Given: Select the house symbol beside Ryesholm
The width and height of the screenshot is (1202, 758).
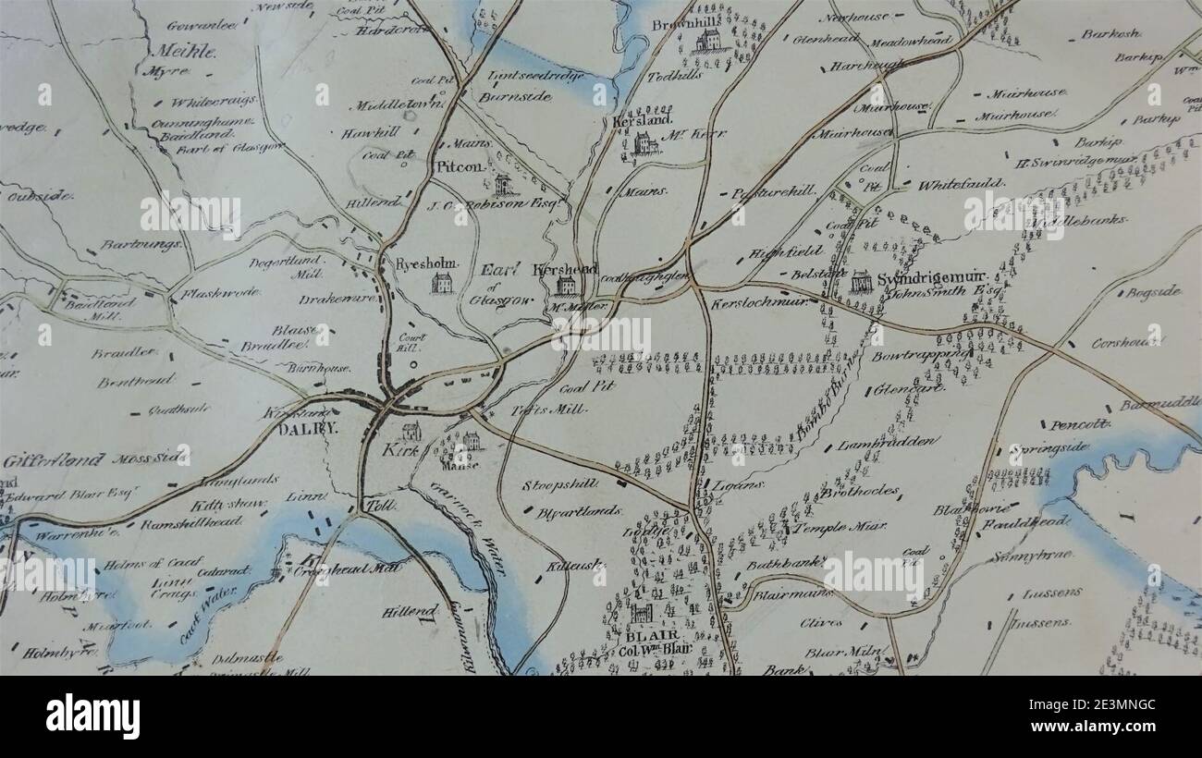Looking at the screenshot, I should (442, 283).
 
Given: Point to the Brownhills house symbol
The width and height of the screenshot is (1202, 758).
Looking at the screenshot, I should (708, 40).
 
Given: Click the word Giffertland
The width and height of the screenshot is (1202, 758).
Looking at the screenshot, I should (43, 459).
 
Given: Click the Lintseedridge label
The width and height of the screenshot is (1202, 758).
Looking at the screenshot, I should (524, 75).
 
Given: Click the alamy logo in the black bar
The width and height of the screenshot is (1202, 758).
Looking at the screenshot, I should (92, 716).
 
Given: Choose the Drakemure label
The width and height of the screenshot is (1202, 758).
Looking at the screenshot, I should (337, 300).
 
